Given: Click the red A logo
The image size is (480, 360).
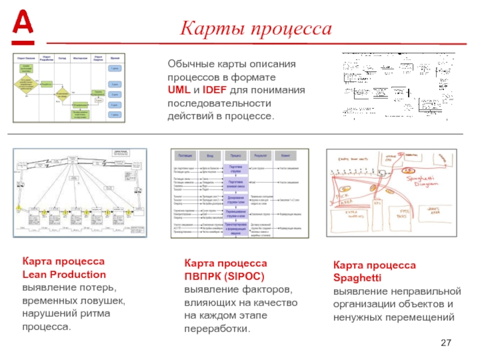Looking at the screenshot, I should pyautogui.click(x=23, y=24).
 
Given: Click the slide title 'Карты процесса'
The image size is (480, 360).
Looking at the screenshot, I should pyautogui.click(x=257, y=28).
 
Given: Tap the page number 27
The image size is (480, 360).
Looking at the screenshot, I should pyautogui.click(x=446, y=343).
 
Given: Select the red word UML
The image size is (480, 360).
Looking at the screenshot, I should pyautogui.click(x=178, y=90).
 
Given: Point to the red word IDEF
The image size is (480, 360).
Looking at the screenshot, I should pyautogui.click(x=215, y=90).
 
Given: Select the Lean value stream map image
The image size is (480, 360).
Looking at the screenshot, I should pyautogui.click(x=80, y=192).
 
